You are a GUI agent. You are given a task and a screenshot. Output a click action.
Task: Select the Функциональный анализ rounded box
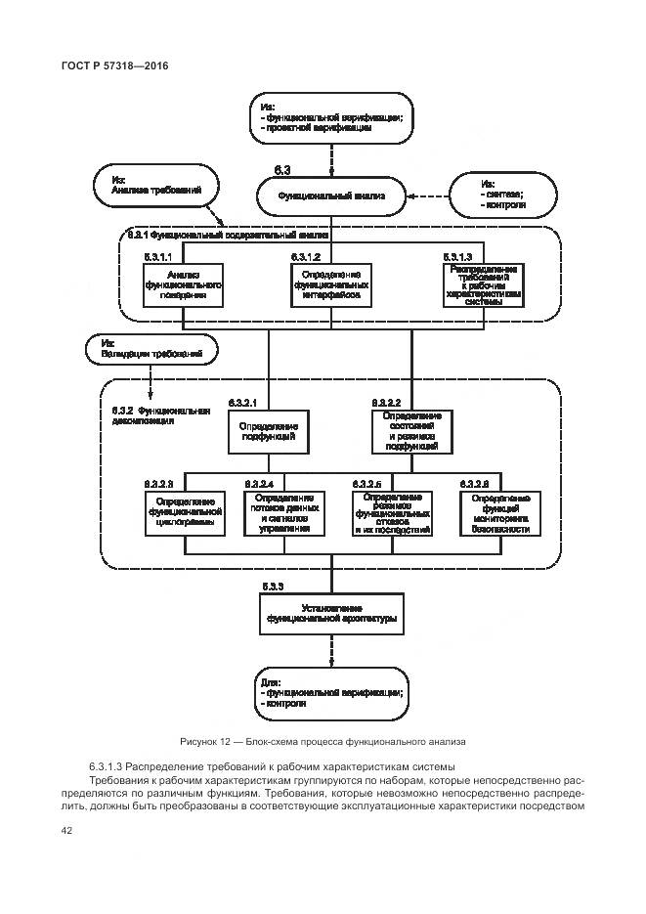[331, 196]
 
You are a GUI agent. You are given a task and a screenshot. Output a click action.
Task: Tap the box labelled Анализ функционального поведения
[183, 284]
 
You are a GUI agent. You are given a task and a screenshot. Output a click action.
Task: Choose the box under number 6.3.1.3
[483, 285]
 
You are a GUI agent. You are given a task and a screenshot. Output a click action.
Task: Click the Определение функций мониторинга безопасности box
[500, 513]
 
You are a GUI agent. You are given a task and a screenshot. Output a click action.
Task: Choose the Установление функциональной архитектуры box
[330, 613]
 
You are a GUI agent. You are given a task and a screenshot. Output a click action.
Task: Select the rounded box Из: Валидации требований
[152, 349]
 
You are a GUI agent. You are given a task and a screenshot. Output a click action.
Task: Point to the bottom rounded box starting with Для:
[331, 692]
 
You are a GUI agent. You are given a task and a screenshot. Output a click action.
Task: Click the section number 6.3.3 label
[273, 585]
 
